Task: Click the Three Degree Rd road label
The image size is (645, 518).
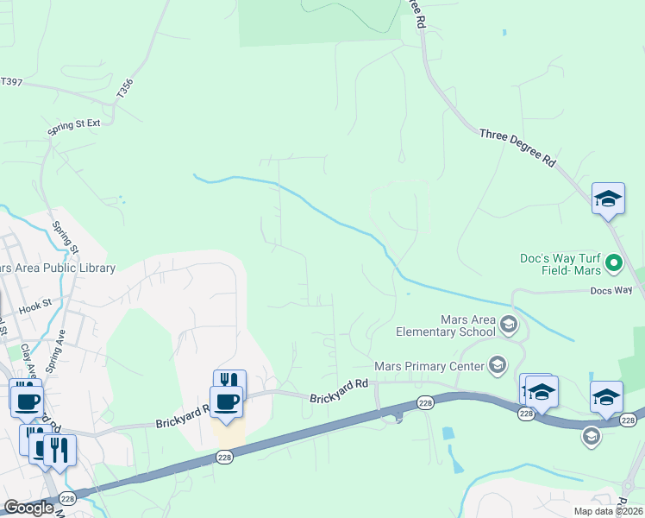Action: (x=517, y=147)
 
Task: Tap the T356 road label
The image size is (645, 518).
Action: (x=127, y=88)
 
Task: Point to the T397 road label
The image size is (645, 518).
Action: (x=11, y=82)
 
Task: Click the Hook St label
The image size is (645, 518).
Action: (x=35, y=305)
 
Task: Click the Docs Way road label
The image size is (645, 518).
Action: (x=611, y=291)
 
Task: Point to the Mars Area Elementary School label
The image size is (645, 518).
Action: (x=445, y=325)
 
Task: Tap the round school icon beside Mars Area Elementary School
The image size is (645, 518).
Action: (x=508, y=325)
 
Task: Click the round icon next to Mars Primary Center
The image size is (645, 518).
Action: (x=497, y=366)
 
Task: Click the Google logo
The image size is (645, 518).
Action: (x=28, y=508)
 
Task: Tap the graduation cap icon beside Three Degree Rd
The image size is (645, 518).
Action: (x=607, y=199)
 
